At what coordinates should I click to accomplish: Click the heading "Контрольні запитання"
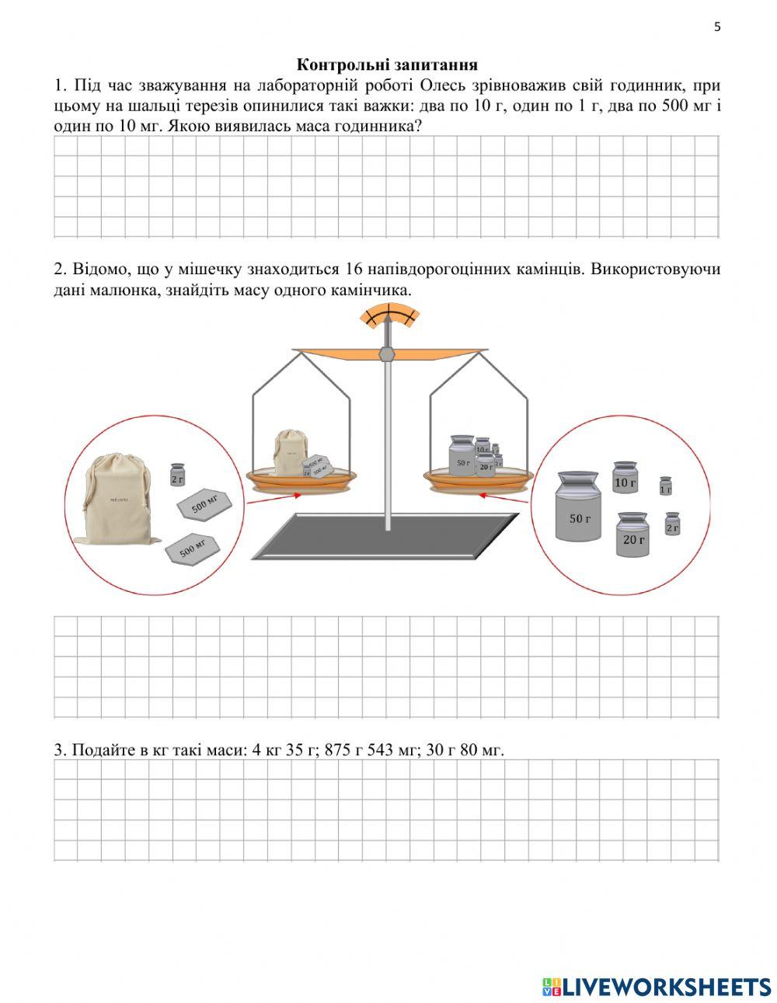click(387, 64)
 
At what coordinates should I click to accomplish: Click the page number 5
click(716, 27)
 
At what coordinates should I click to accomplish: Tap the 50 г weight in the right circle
click(579, 507)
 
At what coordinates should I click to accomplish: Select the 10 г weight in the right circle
click(625, 478)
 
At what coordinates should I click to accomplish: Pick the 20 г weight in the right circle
click(632, 535)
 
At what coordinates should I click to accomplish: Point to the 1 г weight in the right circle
click(665, 486)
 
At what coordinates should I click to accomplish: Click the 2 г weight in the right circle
click(672, 524)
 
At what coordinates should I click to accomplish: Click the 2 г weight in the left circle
click(178, 475)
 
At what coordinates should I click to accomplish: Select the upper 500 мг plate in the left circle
click(204, 504)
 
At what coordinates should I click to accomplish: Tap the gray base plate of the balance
click(386, 536)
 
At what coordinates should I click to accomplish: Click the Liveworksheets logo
click(656, 986)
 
